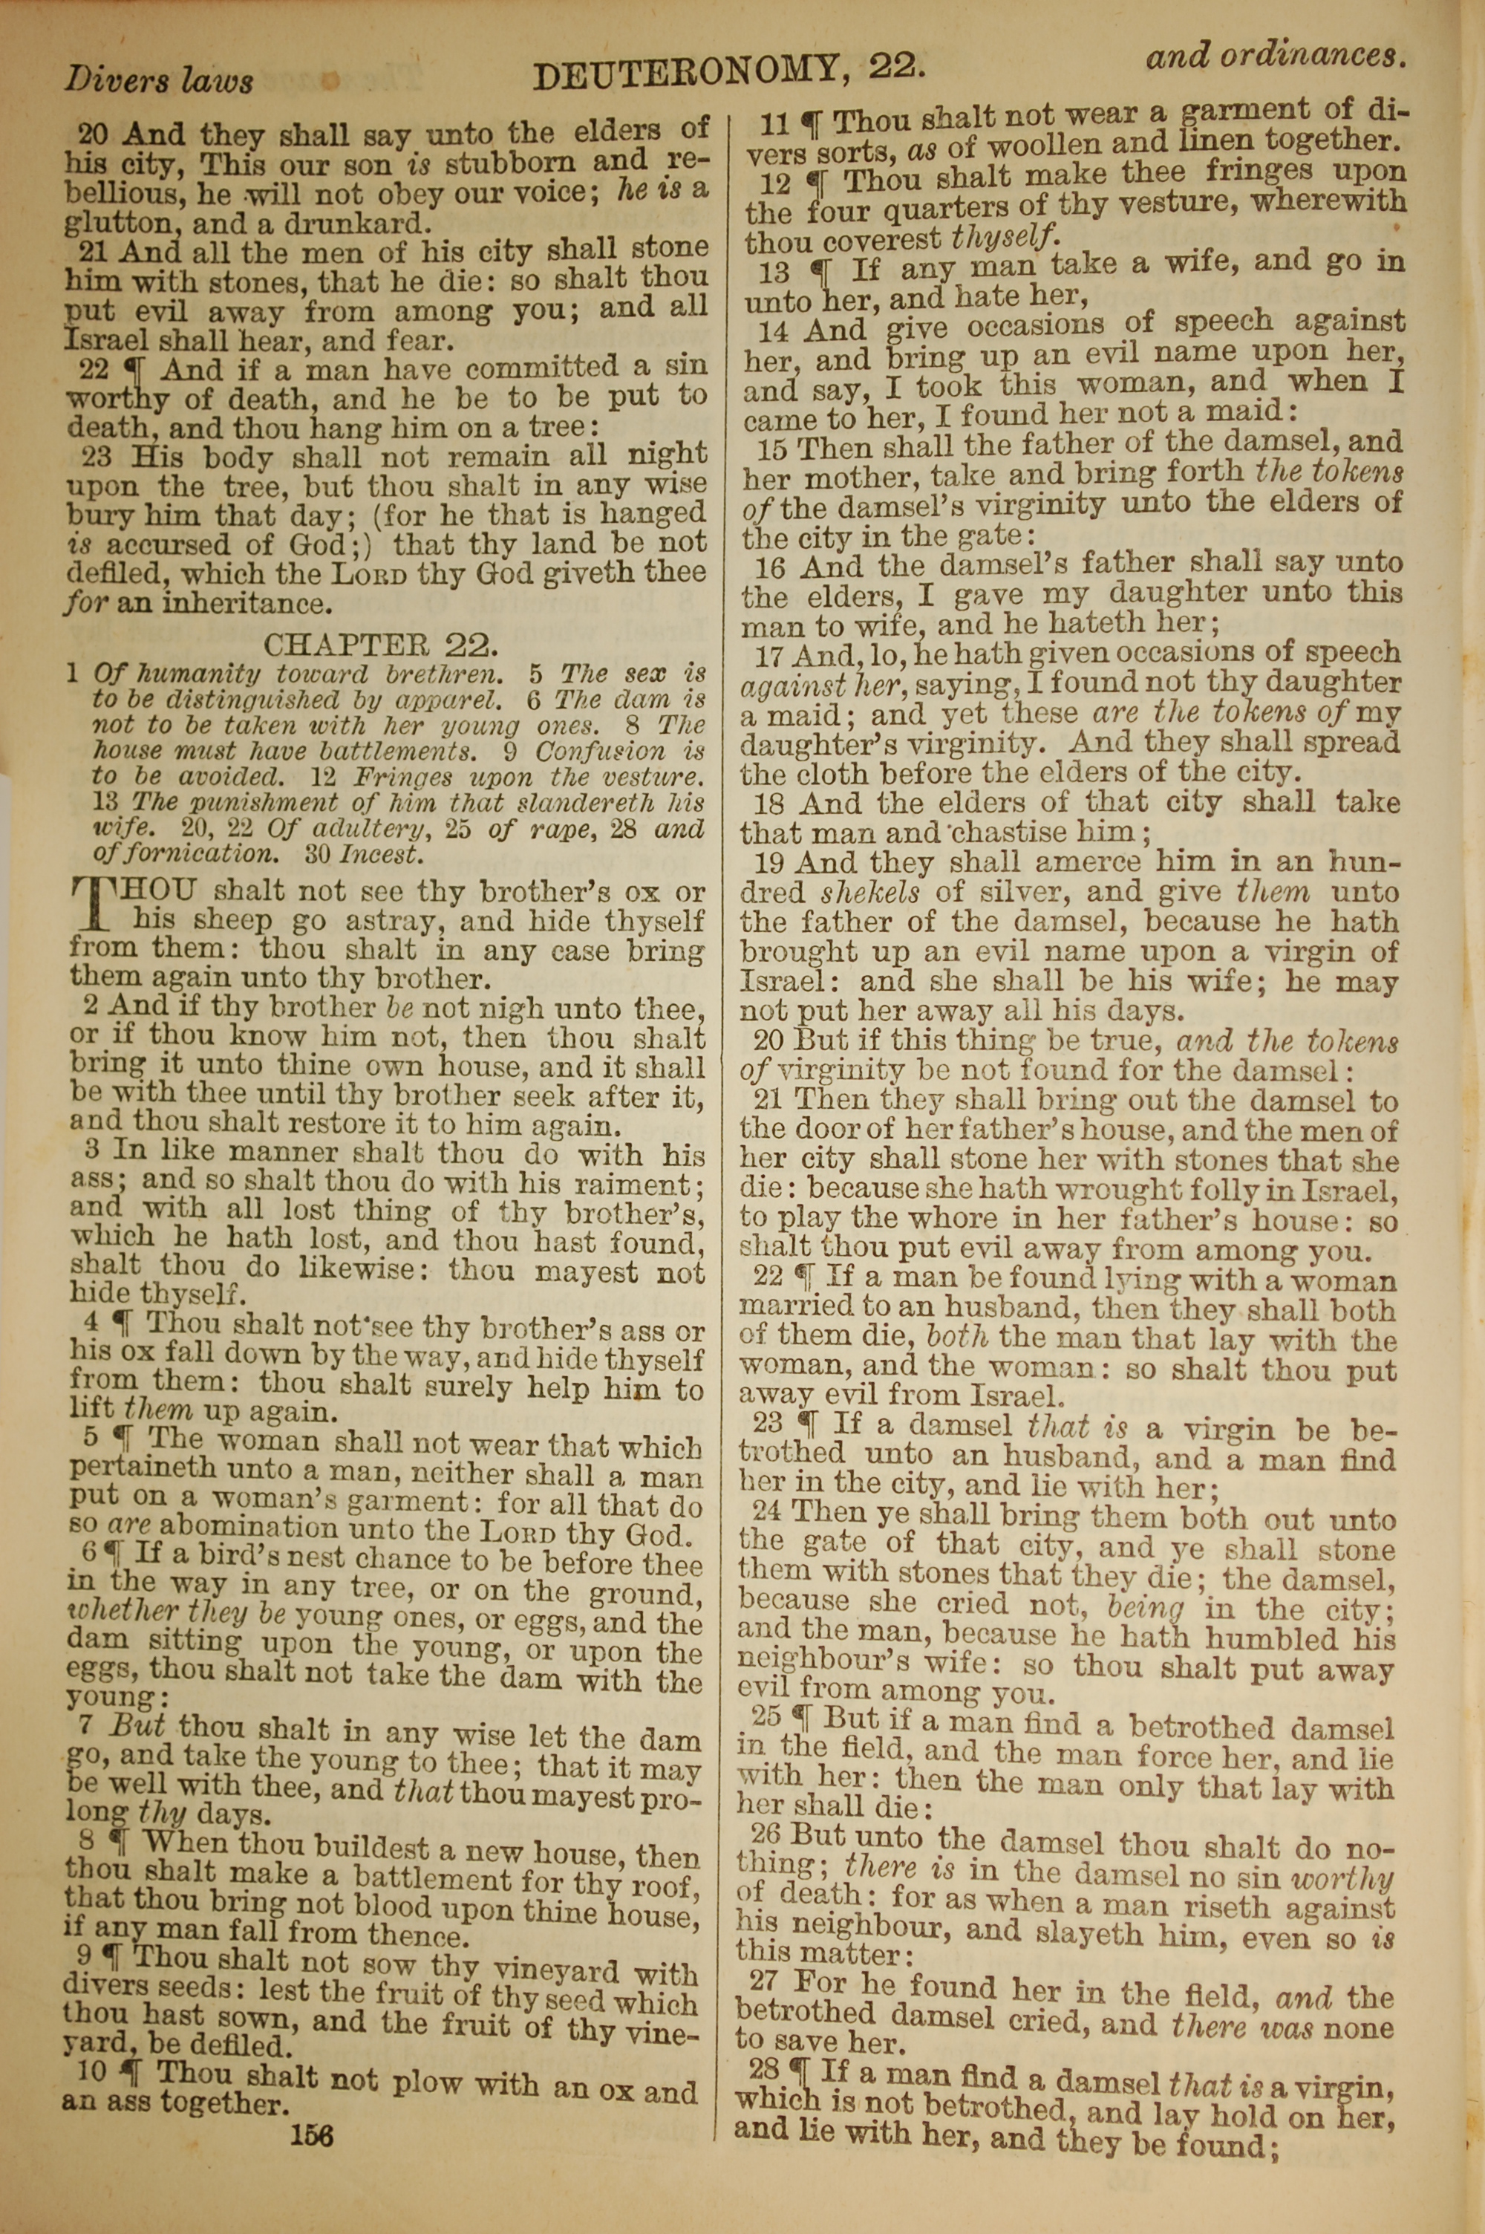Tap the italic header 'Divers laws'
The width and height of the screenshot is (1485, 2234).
[x=159, y=80]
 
